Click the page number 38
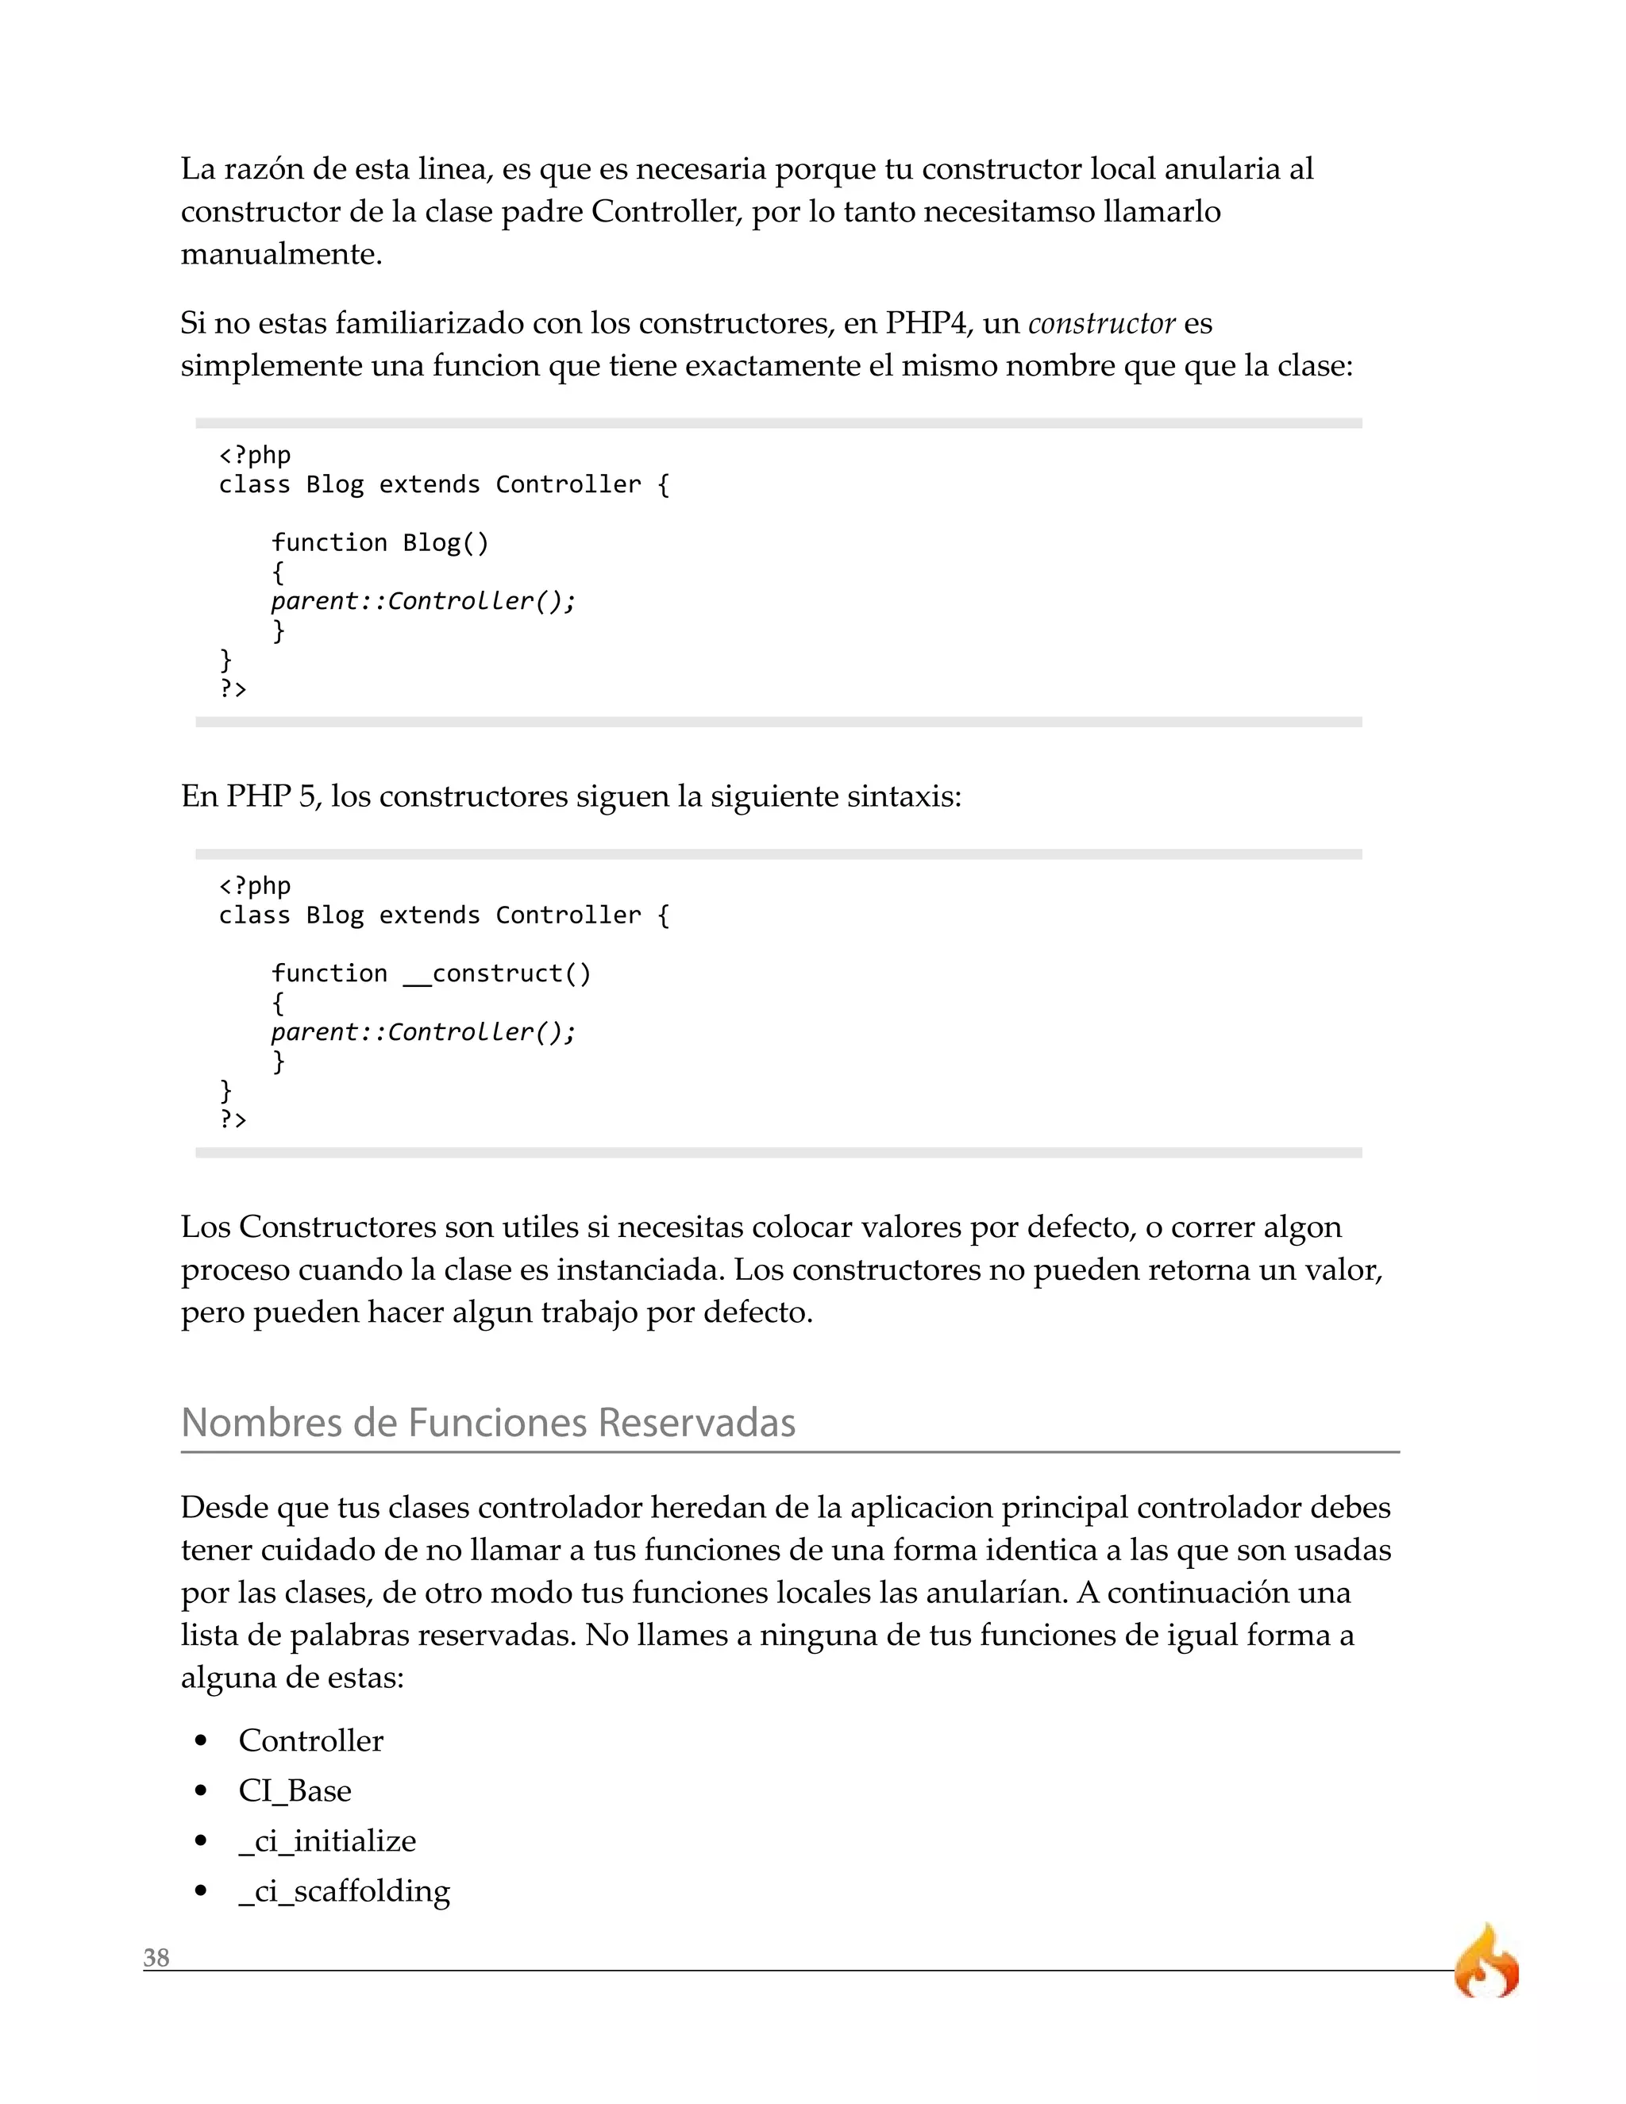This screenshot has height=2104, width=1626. coord(156,1959)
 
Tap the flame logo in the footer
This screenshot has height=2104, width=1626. coord(1486,1963)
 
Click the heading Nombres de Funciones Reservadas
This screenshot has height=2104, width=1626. coord(487,1423)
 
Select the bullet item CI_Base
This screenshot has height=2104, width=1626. coord(295,1790)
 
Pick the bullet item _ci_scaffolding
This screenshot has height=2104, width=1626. coord(344,1890)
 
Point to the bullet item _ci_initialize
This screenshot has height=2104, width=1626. coord(328,1840)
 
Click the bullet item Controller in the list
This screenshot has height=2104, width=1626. coord(310,1740)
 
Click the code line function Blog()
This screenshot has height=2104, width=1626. coord(380,542)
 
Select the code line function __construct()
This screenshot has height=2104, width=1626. coord(430,973)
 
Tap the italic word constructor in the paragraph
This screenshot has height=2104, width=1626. coord(1101,324)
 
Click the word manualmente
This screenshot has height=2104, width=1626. coord(281,254)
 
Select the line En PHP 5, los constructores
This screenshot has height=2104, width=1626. coord(570,796)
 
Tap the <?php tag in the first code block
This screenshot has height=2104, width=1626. coord(254,455)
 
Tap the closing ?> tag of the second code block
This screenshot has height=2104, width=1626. coord(233,1119)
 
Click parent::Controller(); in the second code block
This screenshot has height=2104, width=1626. coord(423,1032)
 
